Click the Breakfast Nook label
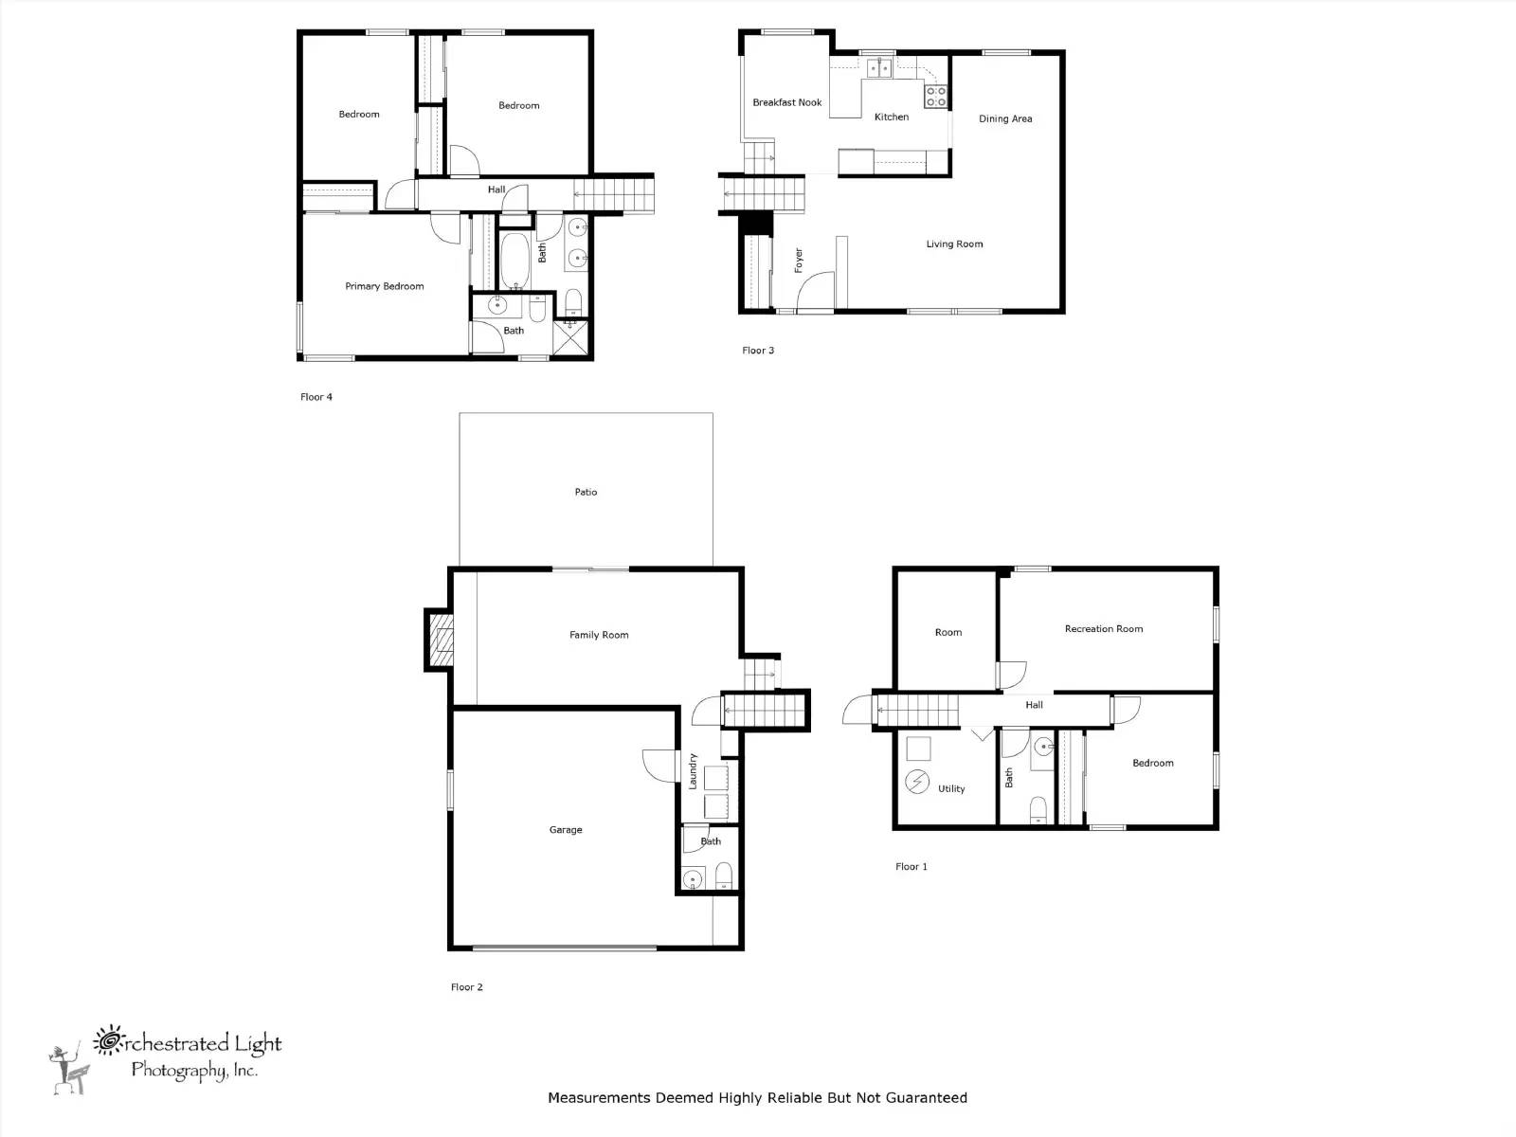786,103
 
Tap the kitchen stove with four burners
936,97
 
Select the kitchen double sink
879,68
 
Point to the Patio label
586,492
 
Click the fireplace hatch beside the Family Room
441,640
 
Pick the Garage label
566,830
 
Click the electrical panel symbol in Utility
917,782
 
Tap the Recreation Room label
1104,629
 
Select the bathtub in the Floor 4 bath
514,261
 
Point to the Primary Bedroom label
385,286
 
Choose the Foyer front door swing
815,290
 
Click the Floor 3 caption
758,351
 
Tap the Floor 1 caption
911,867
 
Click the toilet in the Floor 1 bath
1038,810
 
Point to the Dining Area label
1005,118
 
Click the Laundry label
693,771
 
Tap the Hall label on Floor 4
496,189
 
